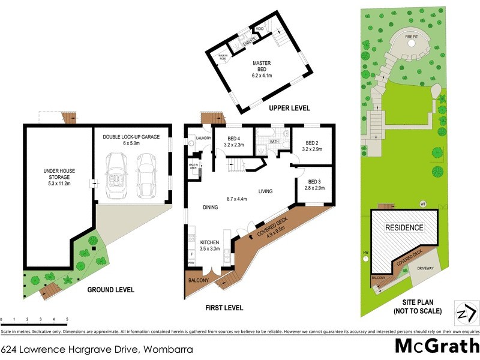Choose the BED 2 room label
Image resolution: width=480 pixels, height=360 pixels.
click(312, 145)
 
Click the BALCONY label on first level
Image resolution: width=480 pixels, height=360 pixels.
click(198, 281)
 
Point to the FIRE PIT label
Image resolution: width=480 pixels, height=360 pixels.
click(411, 37)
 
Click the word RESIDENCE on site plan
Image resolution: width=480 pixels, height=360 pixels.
click(404, 228)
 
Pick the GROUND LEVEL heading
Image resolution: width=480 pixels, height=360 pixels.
click(110, 289)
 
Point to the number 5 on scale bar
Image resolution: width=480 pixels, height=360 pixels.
click(67, 319)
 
